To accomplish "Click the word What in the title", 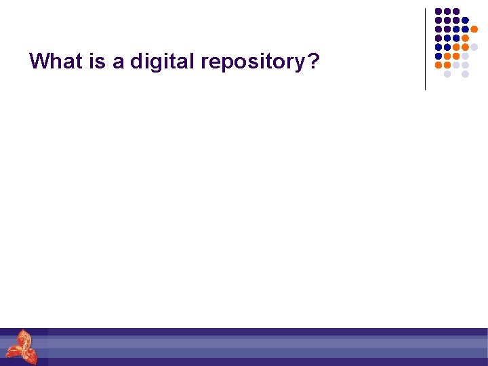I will [x=52, y=62].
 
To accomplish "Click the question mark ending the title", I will [x=312, y=62].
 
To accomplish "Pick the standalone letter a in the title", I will [x=118, y=63].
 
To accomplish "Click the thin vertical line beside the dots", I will [x=425, y=49].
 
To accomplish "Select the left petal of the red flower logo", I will [x=14, y=352].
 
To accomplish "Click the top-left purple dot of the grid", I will [x=439, y=12].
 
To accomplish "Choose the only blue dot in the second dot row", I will [x=465, y=20].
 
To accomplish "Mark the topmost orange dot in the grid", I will [x=474, y=29].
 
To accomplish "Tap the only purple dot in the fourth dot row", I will [x=439, y=38].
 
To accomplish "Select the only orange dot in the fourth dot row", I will [x=465, y=38].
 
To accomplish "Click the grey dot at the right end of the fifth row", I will [x=474, y=47].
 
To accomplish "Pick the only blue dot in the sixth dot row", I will [x=439, y=56].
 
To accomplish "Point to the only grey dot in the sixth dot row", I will [x=465, y=56].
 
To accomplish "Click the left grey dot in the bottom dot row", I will [x=447, y=74].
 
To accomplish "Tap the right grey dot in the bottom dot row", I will [x=465, y=74].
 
